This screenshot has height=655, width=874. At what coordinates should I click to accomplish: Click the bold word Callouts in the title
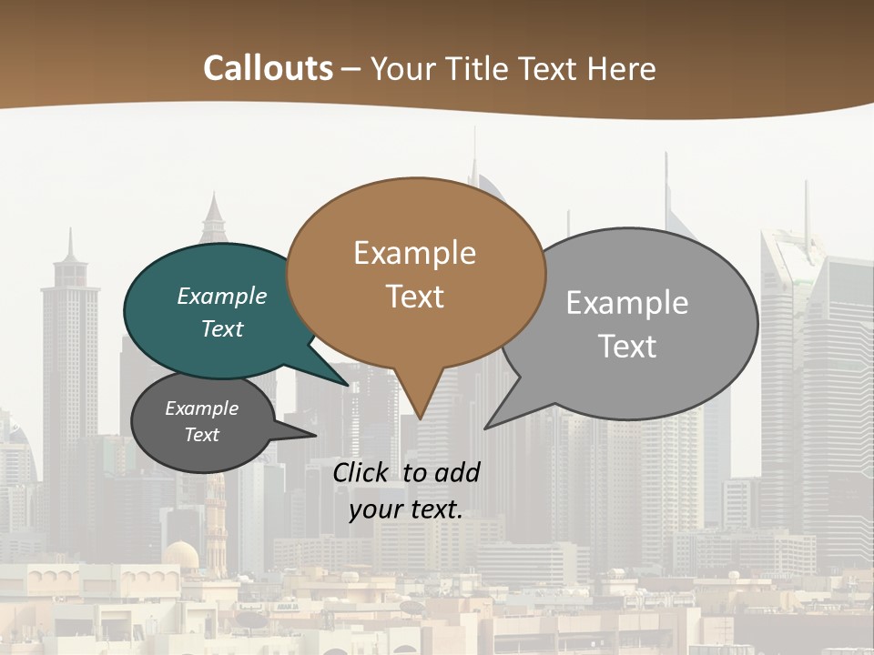point(268,68)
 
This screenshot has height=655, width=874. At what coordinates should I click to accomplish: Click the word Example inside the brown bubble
point(415,253)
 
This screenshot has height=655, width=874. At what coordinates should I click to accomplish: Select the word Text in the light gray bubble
point(627,347)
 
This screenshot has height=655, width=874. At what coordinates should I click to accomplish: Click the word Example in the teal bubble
point(222,297)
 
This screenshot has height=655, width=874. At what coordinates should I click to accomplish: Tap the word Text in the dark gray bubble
point(202,435)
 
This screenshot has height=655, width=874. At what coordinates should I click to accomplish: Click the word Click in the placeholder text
point(362,472)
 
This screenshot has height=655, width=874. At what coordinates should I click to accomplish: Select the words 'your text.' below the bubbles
point(406,509)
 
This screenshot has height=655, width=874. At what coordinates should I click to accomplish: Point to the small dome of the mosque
point(181,553)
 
